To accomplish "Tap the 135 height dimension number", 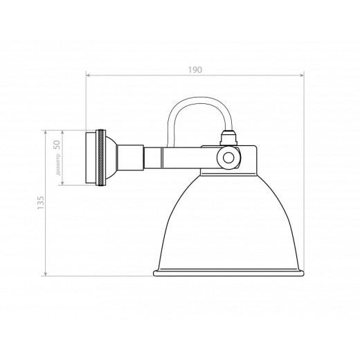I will [x=41, y=203].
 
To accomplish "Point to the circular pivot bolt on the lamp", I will [x=226, y=158].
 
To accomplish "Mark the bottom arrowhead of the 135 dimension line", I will [x=46, y=276].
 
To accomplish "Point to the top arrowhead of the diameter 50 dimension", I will [x=63, y=132].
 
